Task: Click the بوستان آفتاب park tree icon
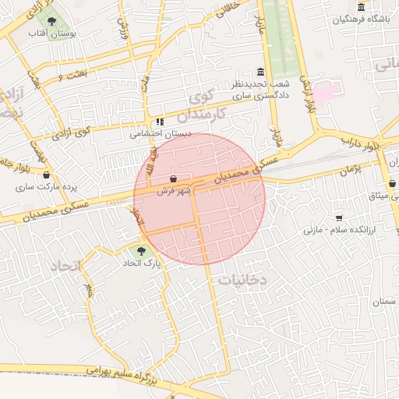(51, 22)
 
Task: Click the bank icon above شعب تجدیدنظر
(260, 72)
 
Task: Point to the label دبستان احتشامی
(161, 133)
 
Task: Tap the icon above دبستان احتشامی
(160, 122)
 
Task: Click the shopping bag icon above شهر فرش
(173, 178)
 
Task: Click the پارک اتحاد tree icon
(141, 251)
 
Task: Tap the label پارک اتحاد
(141, 263)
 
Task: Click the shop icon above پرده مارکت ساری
(47, 175)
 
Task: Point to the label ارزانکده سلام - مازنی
(338, 230)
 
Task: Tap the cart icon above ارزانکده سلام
(339, 217)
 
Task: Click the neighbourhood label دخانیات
(242, 278)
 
